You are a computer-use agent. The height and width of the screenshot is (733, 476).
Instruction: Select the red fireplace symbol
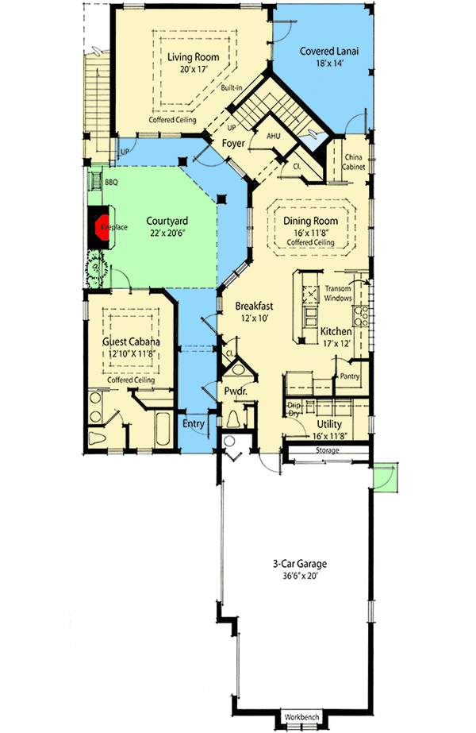(x=102, y=227)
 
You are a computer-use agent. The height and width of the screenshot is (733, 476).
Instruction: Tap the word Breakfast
(x=254, y=305)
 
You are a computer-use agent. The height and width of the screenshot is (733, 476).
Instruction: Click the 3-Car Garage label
(x=297, y=565)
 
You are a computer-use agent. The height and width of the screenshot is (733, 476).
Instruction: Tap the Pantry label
(x=349, y=376)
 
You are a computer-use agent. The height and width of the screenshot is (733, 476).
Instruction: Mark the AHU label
(x=274, y=136)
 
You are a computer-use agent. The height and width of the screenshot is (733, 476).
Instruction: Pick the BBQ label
(x=111, y=183)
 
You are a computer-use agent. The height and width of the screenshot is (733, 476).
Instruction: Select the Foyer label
(x=232, y=145)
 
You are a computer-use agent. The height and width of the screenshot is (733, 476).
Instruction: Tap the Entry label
(x=194, y=423)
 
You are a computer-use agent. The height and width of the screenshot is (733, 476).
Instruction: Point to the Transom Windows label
(x=339, y=293)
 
